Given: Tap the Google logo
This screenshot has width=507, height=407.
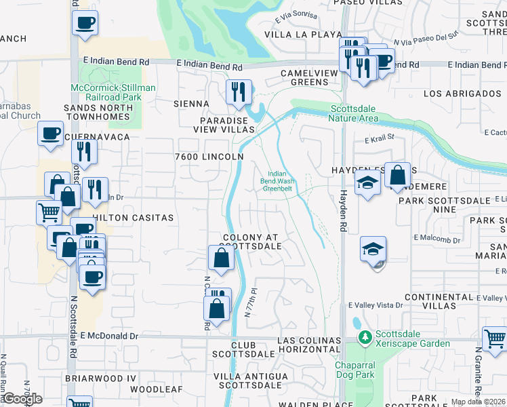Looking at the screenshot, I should [22, 399].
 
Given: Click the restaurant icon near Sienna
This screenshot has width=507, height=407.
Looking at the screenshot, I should [239, 92].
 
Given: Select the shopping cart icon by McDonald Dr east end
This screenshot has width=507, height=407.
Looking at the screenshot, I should [495, 338].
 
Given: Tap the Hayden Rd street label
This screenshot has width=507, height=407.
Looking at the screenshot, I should [343, 203].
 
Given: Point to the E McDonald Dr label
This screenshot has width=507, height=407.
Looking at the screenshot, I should [108, 336].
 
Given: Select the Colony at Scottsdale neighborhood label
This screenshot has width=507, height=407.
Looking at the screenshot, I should [251, 241].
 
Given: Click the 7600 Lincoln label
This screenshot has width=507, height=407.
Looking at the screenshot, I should [209, 157].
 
